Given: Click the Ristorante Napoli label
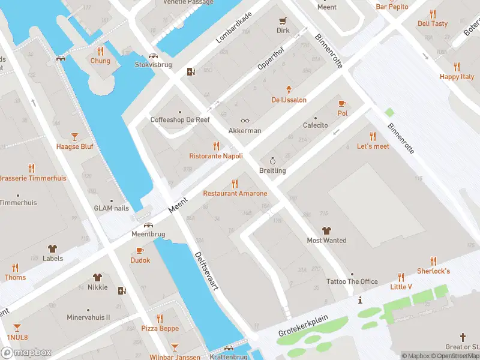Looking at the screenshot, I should coord(216,156).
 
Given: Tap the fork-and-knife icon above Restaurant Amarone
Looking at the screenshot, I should coord(235,184).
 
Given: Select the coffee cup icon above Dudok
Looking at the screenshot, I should coord(140,250).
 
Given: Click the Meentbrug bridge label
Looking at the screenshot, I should coord(148,235).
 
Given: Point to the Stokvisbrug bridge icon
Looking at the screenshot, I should coord(160,55).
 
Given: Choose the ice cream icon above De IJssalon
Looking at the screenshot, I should coord(289,89).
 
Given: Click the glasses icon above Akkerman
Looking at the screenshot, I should coord(245,121).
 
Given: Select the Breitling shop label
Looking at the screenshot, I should coord(272,170).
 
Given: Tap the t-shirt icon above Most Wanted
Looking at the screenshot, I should coord(326,230).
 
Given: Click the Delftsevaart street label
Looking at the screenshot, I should coord(205,271).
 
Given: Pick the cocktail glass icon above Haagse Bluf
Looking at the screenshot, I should coord(74,137).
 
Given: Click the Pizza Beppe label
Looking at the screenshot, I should coord(160,328).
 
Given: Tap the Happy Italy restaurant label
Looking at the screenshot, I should coord(457,77).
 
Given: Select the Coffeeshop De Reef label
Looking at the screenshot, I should coord(179,120).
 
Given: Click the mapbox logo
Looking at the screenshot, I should coord(26,352).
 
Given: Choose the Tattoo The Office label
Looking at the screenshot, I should coord(352,281).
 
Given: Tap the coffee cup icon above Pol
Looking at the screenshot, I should coord(343,103).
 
